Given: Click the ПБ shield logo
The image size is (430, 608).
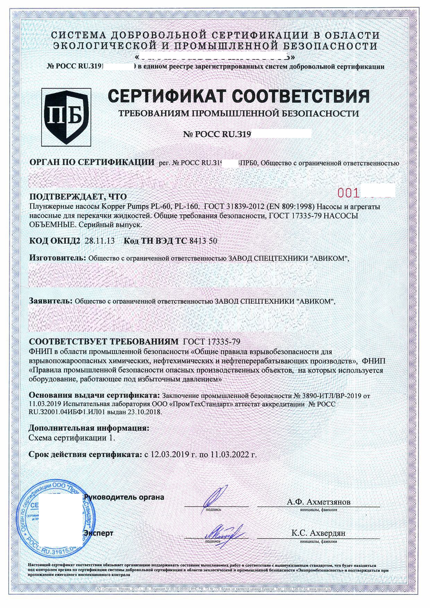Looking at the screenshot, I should click(66, 117).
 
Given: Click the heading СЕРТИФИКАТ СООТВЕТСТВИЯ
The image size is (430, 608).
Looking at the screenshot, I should click(238, 96).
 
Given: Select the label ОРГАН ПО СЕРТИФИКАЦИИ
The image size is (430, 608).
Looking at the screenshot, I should click(92, 162).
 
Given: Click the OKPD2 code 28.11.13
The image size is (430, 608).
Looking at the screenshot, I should click(100, 241).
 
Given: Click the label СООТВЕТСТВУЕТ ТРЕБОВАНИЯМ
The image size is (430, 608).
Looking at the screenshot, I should click(104, 341).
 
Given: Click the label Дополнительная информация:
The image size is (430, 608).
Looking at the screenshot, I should click(89, 428).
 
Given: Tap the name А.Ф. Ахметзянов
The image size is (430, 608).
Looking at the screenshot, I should click(318, 502).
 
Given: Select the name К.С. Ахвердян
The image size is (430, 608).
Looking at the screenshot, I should click(318, 533).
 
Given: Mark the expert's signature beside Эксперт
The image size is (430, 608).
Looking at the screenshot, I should click(222, 531).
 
